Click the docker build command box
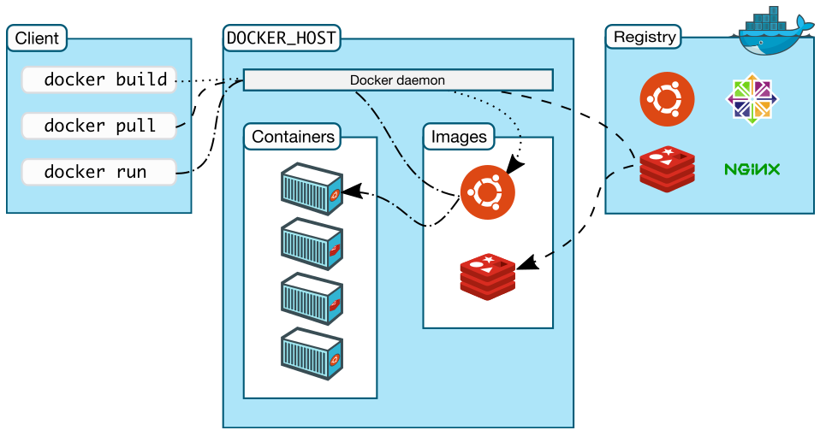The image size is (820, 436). pos(98,80)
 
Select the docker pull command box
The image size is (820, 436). pos(98,126)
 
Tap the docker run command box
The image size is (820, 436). pos(98,172)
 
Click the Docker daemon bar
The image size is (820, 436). pos(397,80)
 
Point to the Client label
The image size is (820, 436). pos(37,38)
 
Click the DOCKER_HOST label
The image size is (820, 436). pos(282,38)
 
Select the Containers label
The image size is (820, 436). pos(292,136)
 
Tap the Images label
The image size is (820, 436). pos(459,136)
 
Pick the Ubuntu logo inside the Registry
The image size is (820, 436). pos(667,99)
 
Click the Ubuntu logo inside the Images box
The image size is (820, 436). pos(487,191)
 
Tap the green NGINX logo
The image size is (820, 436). pos(752,169)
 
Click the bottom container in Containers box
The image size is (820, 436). pos(312,352)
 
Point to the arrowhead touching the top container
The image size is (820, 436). pos(350,190)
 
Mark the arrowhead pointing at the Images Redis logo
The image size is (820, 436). pos(526,262)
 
